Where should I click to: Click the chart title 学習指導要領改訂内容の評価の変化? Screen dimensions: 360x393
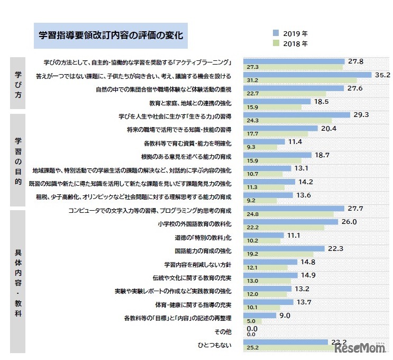pos(111,36)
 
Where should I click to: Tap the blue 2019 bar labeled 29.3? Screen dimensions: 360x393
pos(296,114)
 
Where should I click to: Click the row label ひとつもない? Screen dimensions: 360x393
pos(222,345)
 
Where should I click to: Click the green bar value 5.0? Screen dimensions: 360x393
pos(251,321)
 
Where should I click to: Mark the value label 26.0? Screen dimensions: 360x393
pos(349,222)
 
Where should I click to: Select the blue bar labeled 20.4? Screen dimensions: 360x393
pos(280,128)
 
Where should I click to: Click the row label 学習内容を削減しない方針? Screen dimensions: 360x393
pos(202,263)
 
